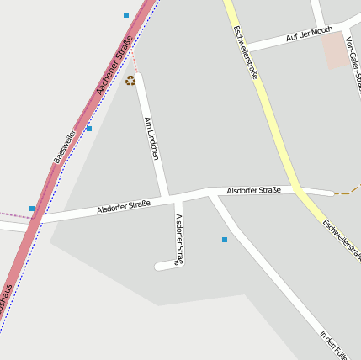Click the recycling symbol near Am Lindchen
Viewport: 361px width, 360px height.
(130, 81)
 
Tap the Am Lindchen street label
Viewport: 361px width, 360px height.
(152, 138)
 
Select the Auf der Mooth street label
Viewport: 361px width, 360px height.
(309, 34)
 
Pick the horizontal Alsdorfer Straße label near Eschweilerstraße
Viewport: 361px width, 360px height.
(253, 191)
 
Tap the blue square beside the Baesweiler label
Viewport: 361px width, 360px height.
(88, 129)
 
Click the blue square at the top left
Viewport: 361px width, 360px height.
(126, 15)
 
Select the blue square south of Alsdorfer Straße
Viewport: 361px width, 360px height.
(225, 240)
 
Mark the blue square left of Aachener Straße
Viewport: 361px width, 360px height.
(32, 208)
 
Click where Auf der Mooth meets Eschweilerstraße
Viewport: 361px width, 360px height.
(245, 47)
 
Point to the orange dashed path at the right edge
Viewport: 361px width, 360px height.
(346, 193)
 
